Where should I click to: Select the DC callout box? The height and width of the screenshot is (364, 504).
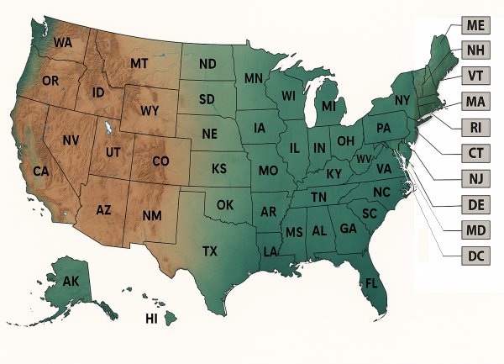point(475,254)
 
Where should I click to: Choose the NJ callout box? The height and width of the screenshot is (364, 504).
point(475,177)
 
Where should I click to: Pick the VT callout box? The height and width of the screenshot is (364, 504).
point(475,76)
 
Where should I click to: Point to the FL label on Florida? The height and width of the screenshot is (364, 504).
point(370,282)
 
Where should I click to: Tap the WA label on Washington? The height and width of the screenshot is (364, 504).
point(62,43)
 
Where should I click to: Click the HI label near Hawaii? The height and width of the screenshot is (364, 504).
point(151,319)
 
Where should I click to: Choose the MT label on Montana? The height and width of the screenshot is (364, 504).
point(139,64)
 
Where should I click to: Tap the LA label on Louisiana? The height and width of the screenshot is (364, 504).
point(271,251)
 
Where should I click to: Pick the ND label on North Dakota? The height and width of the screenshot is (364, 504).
point(208,65)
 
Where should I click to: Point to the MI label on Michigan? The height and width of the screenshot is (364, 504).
point(328,108)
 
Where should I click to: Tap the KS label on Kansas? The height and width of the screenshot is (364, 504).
point(218,169)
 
